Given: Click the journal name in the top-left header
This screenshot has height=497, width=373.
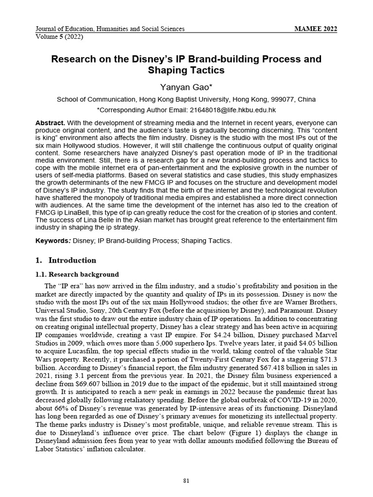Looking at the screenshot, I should pyautogui.click(x=110, y=29).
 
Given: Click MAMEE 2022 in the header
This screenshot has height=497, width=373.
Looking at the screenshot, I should pyautogui.click(x=316, y=29).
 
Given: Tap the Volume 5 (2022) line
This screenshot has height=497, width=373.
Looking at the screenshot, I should pyautogui.click(x=59, y=36).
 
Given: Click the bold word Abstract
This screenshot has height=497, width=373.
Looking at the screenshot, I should pyautogui.click(x=51, y=123).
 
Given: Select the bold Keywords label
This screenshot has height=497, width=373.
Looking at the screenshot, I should pyautogui.click(x=53, y=241).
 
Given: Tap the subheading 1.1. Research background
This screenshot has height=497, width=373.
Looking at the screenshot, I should pyautogui.click(x=77, y=275).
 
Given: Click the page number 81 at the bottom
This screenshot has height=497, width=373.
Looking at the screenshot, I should pyautogui.click(x=186, y=480).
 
